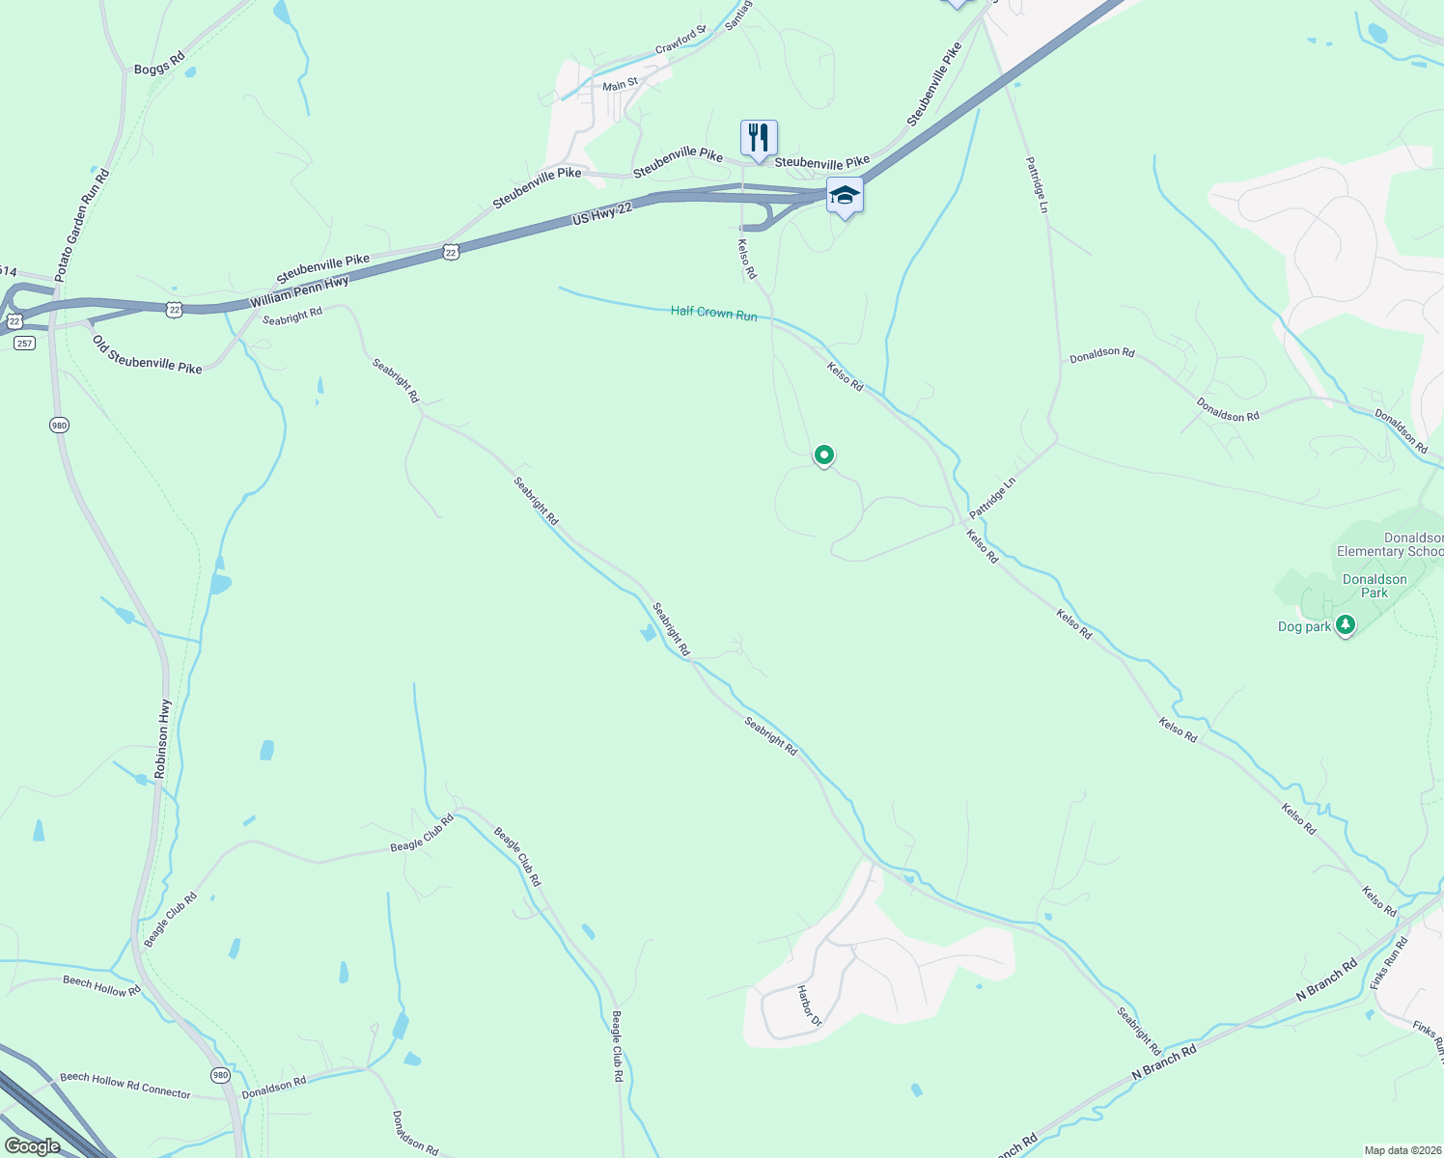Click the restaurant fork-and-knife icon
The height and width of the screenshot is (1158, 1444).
point(759,138)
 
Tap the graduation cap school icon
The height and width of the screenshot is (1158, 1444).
point(845,195)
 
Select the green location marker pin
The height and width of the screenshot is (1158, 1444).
point(823,455)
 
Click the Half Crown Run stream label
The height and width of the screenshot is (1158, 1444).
point(714,314)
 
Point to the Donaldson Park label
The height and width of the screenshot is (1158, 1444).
point(1375,586)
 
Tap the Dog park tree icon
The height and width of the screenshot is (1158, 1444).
point(1345,625)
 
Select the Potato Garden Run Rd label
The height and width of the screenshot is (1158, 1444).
point(81,226)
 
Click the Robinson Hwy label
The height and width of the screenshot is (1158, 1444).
point(163,739)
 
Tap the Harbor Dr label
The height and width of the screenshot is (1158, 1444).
point(809,1006)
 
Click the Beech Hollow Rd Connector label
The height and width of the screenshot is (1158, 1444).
point(125,1085)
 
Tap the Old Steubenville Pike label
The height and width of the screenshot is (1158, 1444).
point(147,353)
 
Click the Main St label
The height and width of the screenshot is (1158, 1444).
point(620,85)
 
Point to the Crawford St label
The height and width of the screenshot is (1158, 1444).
point(680,41)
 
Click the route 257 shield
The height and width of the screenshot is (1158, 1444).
point(24,344)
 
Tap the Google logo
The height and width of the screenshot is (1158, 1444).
point(32,1146)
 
